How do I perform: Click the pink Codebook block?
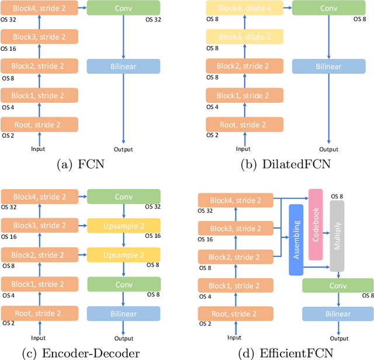(315, 224)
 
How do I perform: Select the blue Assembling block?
(297, 240)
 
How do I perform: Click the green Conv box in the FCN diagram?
(123, 8)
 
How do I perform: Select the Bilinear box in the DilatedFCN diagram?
(329, 66)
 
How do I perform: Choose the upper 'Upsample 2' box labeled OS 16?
(123, 225)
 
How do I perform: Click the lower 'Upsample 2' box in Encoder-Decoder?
(123, 255)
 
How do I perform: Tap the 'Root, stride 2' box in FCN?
(39, 124)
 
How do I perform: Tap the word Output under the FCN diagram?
(123, 149)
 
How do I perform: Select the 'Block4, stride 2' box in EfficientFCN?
(237, 200)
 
